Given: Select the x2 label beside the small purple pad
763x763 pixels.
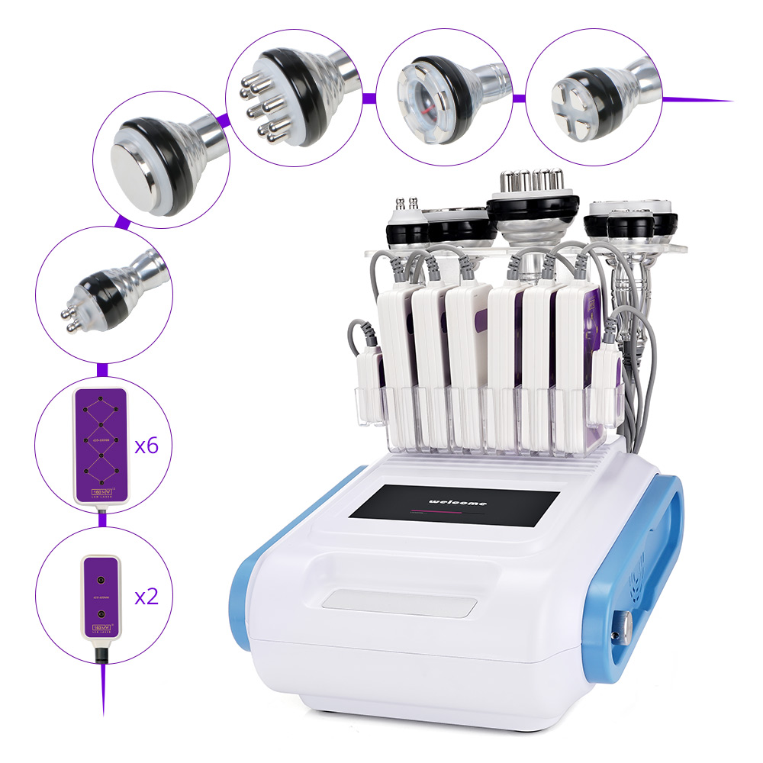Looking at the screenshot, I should click(x=146, y=596).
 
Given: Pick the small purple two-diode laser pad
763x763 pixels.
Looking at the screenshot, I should click(x=101, y=594).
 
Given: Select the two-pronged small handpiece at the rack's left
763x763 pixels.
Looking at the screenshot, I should click(x=406, y=218).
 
